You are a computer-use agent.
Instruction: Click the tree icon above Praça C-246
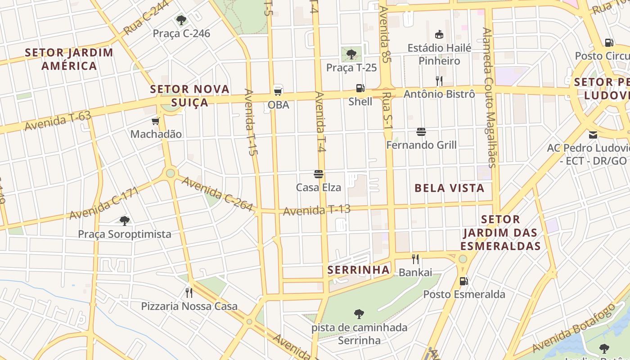[x=181, y=20]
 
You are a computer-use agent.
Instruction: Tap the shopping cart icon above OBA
[x=278, y=91]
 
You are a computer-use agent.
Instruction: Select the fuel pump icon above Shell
[x=360, y=88]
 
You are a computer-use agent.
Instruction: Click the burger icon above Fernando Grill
[x=421, y=132]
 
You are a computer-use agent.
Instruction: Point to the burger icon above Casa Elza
[x=319, y=174]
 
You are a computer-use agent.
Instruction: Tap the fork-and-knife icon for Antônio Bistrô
[x=439, y=81]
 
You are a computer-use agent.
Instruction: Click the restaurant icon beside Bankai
[x=415, y=259]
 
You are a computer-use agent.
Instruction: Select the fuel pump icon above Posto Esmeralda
[x=463, y=281]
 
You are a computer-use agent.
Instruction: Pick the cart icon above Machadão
[x=156, y=121]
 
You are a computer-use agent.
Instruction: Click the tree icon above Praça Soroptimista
[x=125, y=220]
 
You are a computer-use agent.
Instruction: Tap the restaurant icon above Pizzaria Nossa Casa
[x=189, y=293]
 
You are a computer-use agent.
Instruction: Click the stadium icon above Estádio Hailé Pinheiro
[x=439, y=34]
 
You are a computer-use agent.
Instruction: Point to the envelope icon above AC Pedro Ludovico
[x=593, y=135]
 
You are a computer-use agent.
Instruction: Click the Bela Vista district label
[x=449, y=188]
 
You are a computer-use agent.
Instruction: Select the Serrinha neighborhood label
[x=358, y=270]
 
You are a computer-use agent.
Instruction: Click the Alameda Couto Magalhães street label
[x=489, y=97]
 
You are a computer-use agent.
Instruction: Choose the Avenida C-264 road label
[x=217, y=194]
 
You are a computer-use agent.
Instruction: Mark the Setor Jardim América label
[x=69, y=59]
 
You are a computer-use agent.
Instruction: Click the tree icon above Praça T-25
[x=351, y=54]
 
